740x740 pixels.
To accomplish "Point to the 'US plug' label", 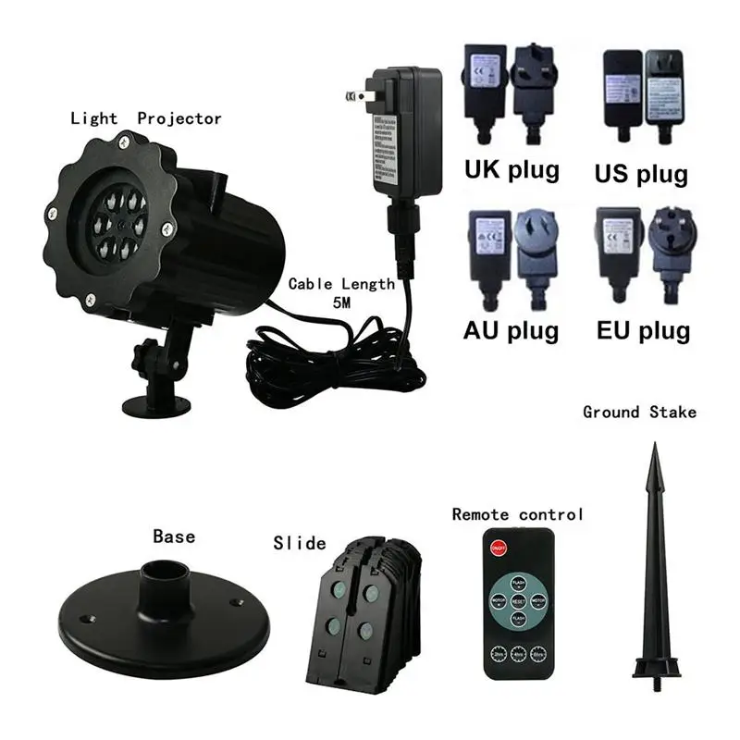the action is [x=642, y=173].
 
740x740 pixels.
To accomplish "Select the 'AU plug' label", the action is [x=511, y=331].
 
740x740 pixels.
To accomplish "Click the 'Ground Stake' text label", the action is [x=639, y=412].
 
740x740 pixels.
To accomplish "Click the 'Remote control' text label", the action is [x=517, y=514].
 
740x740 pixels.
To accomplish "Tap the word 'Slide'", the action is [x=299, y=543].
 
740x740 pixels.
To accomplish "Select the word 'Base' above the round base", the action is [x=174, y=536].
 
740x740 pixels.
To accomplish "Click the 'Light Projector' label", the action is [x=146, y=118].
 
